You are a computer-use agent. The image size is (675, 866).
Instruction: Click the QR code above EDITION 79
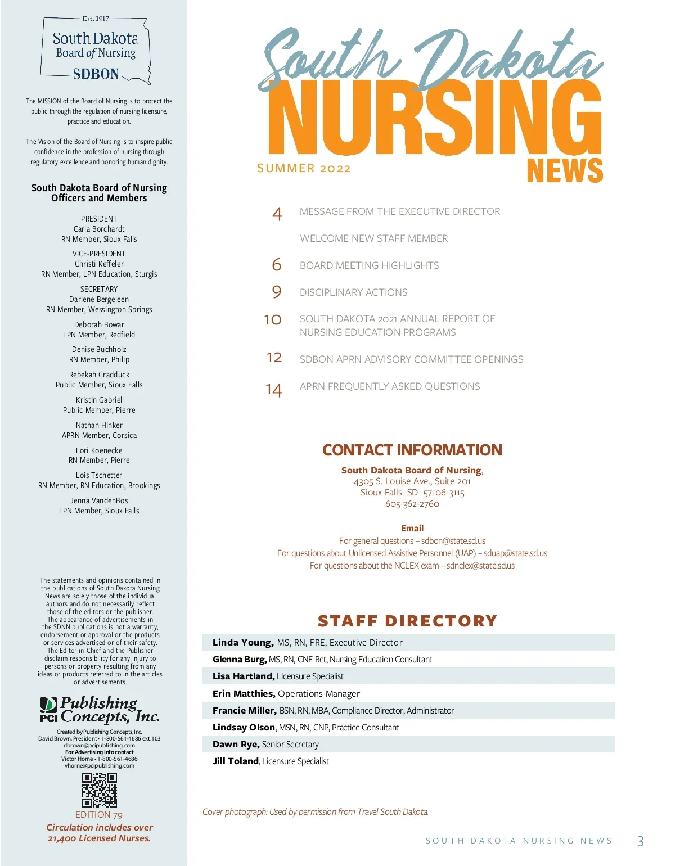[x=100, y=790]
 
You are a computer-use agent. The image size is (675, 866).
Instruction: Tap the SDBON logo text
[x=96, y=74]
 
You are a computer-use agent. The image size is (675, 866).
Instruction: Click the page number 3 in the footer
[x=640, y=841]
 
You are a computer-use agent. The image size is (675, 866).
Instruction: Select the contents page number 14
[x=274, y=390]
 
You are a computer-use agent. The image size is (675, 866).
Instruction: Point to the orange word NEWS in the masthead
[x=565, y=170]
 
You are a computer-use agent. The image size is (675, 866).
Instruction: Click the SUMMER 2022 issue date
[x=304, y=168]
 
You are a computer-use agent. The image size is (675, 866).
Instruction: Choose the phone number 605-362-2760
[x=412, y=504]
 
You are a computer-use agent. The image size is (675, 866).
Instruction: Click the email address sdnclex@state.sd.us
[x=480, y=566]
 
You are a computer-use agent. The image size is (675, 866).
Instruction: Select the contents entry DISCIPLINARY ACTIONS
[x=353, y=292]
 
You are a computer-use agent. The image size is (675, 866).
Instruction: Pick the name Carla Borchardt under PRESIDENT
[x=99, y=229]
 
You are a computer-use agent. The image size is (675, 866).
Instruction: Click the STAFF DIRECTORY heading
[x=408, y=621]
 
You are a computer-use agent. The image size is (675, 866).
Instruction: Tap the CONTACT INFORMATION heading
[x=412, y=450]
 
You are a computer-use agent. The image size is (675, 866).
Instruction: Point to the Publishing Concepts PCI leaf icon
[x=49, y=704]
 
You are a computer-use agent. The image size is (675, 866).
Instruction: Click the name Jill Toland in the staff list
[x=236, y=761]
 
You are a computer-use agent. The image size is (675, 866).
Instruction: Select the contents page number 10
[x=273, y=319]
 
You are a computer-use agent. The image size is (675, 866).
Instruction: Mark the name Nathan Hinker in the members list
[x=99, y=425]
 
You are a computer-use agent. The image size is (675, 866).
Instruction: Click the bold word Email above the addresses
[x=412, y=528]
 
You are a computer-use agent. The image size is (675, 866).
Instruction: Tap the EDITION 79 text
[x=99, y=815]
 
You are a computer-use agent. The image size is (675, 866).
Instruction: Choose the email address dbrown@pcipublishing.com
[x=99, y=745]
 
